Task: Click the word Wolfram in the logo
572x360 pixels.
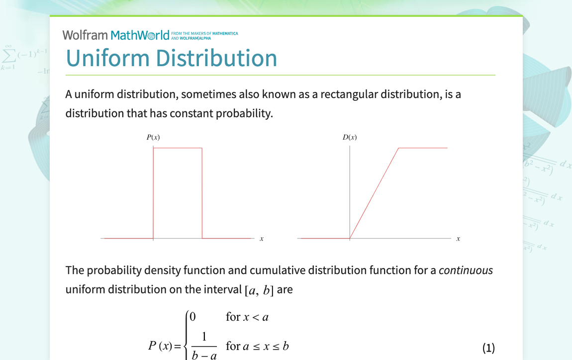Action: point(85,35)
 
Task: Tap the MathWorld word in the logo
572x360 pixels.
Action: point(140,35)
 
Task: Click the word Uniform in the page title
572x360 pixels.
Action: point(108,58)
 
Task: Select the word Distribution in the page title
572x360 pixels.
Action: point(217,58)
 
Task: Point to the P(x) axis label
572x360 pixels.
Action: point(153,137)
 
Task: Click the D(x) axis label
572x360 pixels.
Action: point(350,137)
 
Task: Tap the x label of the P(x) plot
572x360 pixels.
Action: point(262,239)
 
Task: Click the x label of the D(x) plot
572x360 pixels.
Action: point(458,239)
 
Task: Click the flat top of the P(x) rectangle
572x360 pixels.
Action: point(178,148)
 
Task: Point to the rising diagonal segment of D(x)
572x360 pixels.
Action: point(374,193)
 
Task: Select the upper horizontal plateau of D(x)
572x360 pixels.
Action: point(423,148)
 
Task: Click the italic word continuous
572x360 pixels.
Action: point(466,270)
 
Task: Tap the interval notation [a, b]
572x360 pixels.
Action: point(259,290)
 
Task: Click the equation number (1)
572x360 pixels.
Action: point(488,348)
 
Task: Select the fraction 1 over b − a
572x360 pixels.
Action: point(204,346)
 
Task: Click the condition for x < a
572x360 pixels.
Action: point(247,317)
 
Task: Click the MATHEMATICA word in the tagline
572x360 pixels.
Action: point(225,33)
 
